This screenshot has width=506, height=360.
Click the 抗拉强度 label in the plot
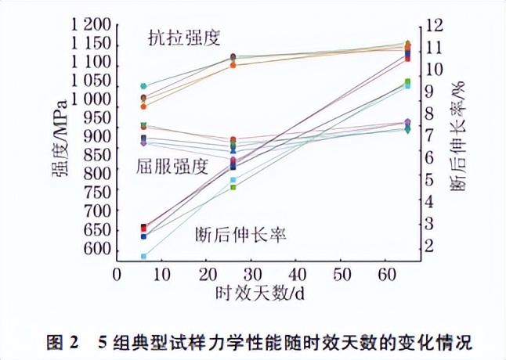pos(183,37)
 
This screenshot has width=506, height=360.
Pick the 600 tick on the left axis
pos(96,248)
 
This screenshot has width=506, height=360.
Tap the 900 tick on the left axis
pos(96,136)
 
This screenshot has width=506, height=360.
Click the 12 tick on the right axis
pos(435,26)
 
